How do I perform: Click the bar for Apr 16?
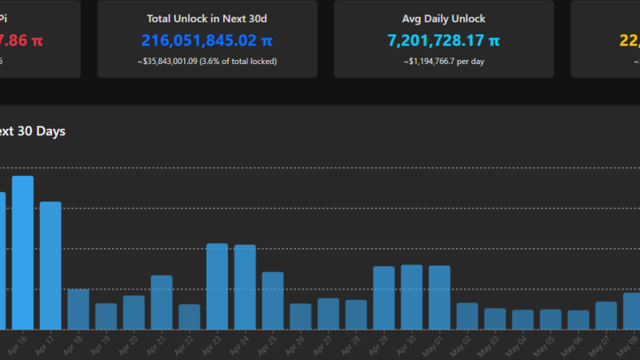click(x=22, y=253)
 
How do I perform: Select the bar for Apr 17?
click(x=50, y=266)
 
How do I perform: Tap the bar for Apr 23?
click(x=217, y=286)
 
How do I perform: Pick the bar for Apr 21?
click(x=162, y=302)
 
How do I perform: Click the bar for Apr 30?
click(x=411, y=297)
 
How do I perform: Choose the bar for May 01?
click(x=439, y=298)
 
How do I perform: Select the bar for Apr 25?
click(x=273, y=301)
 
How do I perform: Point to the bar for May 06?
click(x=578, y=320)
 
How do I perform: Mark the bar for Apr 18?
click(x=78, y=309)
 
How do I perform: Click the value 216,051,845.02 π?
click(x=207, y=40)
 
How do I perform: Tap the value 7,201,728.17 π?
click(x=444, y=40)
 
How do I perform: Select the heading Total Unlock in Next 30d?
click(x=207, y=18)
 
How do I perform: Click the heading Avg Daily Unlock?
click(x=444, y=18)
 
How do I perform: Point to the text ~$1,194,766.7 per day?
click(x=444, y=61)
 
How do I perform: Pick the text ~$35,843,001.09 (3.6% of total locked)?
click(x=207, y=61)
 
